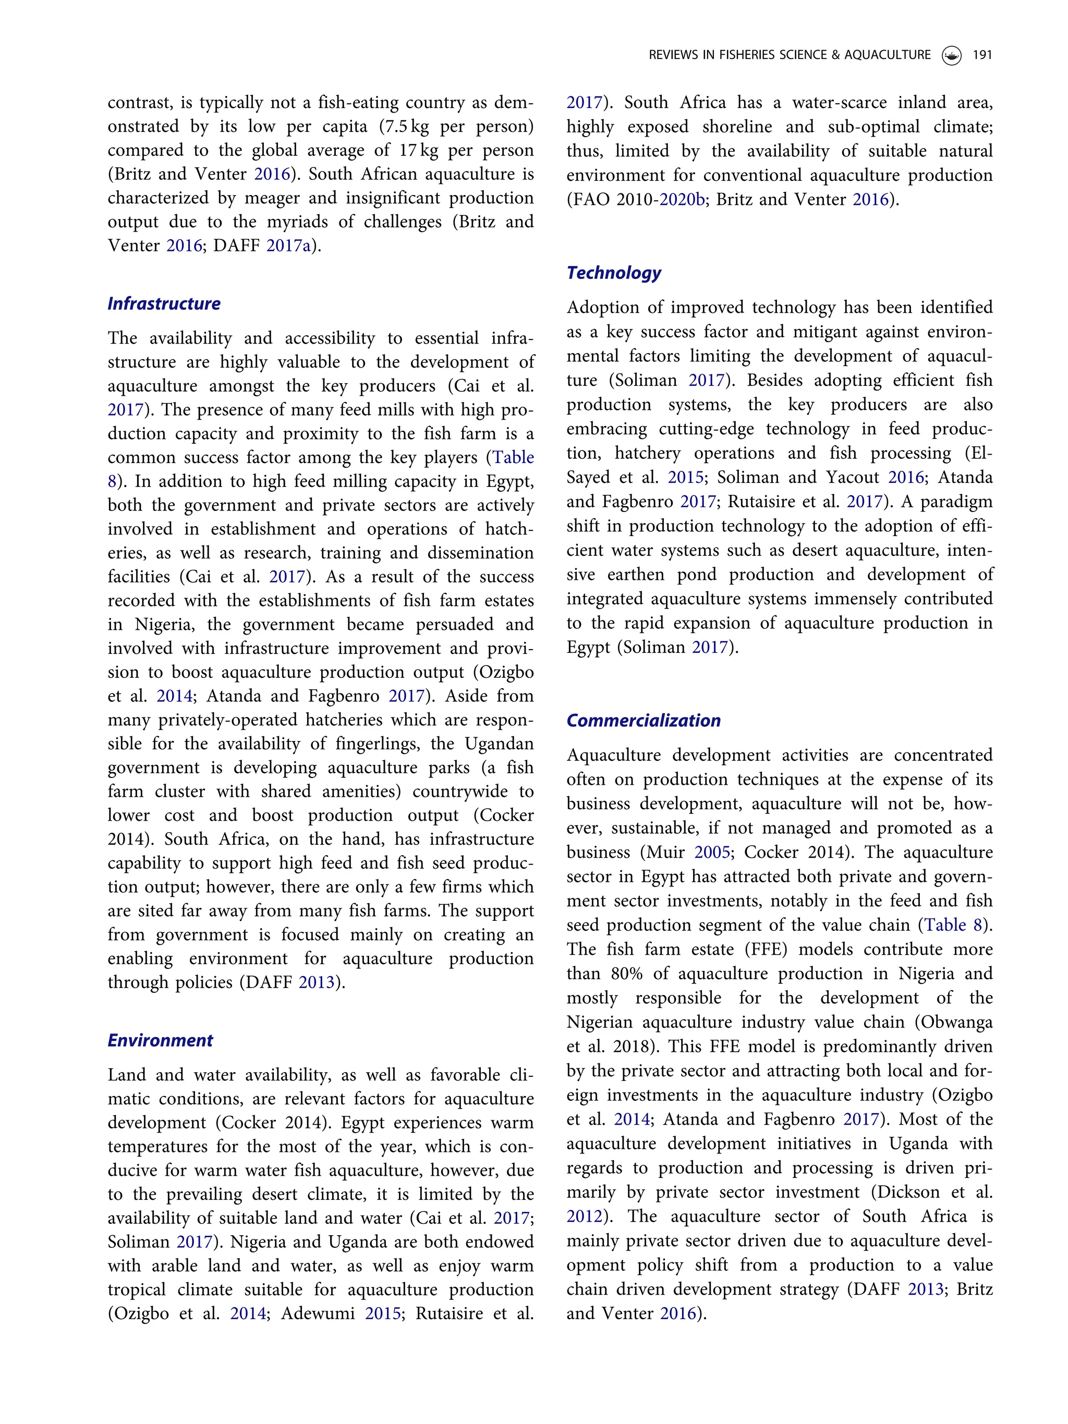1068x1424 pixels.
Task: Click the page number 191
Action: coord(982,55)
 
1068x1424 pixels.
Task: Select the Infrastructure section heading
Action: coord(164,304)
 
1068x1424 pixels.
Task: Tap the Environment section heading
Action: coord(160,1040)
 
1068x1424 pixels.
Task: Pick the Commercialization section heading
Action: coord(643,721)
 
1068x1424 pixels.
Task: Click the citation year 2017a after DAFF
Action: coord(288,246)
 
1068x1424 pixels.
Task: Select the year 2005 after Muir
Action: coord(712,853)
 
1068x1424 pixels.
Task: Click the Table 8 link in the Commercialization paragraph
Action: coord(954,925)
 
